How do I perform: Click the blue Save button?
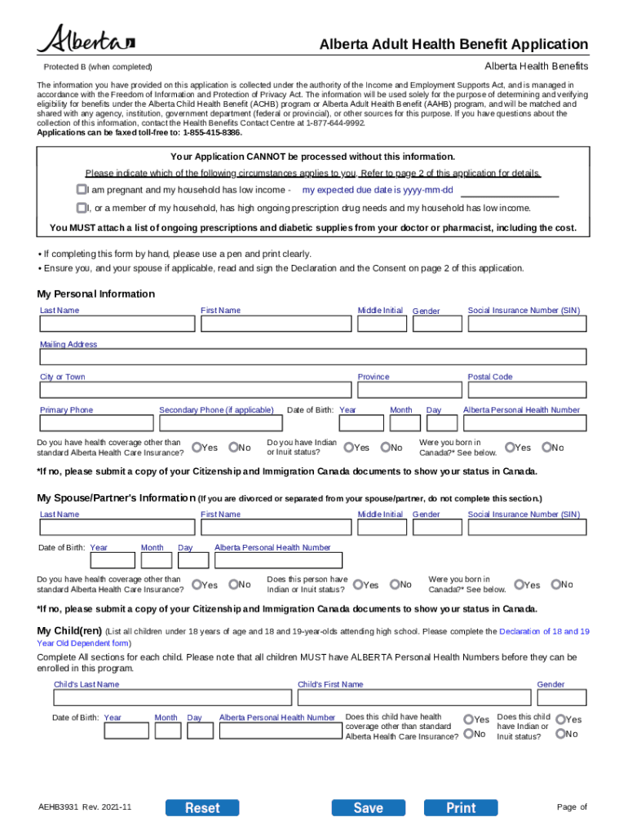(x=368, y=807)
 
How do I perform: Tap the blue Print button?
(x=461, y=807)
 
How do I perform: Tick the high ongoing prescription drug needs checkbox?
(x=82, y=208)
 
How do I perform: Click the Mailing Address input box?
(x=313, y=357)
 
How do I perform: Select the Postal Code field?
(x=526, y=390)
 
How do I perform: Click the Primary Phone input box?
(x=96, y=423)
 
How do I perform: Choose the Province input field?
(x=407, y=390)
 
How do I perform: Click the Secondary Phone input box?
(x=218, y=423)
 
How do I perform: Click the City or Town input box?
(x=195, y=390)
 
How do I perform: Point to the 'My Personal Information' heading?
(x=95, y=294)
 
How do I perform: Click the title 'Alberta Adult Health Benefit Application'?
(x=453, y=44)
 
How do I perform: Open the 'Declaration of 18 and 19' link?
(x=544, y=631)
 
